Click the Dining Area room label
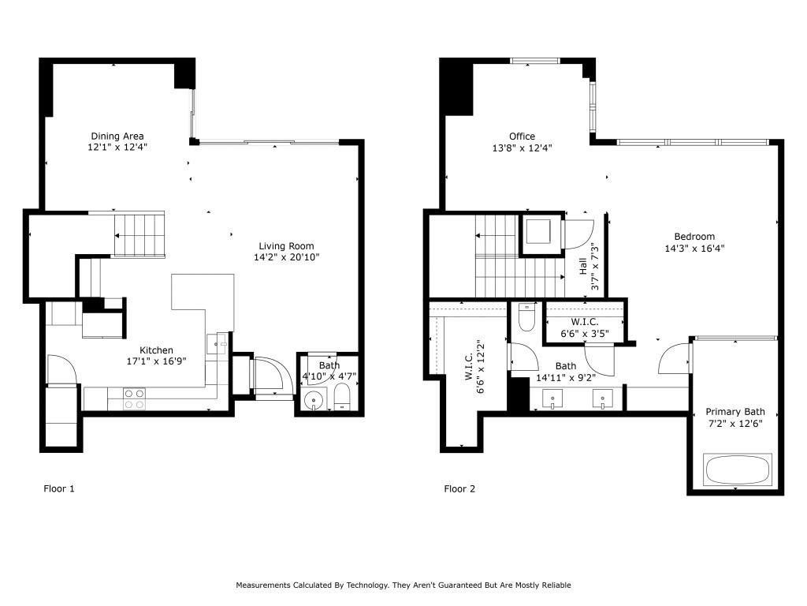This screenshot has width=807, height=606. tap(117, 136)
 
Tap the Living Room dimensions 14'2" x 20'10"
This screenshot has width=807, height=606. tap(286, 257)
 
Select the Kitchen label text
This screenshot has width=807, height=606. tap(156, 350)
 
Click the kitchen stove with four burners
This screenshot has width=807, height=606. tap(134, 398)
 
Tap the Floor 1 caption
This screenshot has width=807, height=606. tap(59, 489)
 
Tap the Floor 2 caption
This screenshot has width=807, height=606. tap(459, 489)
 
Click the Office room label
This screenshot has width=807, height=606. tap(522, 137)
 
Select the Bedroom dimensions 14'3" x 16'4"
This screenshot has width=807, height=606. tap(694, 248)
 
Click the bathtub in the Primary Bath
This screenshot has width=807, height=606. tap(738, 469)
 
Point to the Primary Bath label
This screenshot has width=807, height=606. tap(734, 412)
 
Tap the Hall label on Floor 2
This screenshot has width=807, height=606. tap(583, 266)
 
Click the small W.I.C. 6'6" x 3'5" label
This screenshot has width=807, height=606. tap(584, 327)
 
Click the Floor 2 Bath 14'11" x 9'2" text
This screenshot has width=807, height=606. tap(565, 372)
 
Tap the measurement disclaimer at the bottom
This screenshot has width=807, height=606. tap(403, 585)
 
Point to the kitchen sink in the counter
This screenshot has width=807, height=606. tap(218, 343)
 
